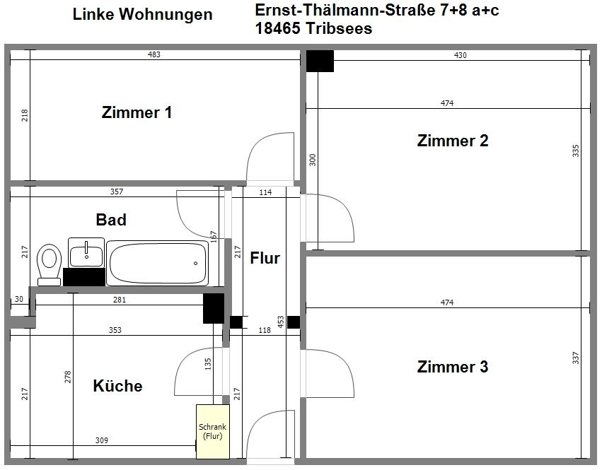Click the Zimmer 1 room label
coord(137,112)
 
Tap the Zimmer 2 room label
coord(453,141)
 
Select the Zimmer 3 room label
coord(453,367)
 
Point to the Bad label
coord(111,220)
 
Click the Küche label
coord(117,386)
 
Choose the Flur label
coord(265,258)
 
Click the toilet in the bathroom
coord(49,263)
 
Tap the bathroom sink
coord(86,252)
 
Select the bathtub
coord(158,263)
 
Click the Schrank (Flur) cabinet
coord(213,432)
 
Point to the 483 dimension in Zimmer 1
coord(154,54)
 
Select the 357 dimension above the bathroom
coord(117,192)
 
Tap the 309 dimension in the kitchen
coord(102,440)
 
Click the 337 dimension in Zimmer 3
coord(576,358)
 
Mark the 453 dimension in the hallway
coord(281,322)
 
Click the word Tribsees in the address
coord(339,29)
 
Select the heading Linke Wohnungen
coord(142,14)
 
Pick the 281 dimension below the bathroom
coord(120,300)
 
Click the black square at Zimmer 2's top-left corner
coord(320,61)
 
